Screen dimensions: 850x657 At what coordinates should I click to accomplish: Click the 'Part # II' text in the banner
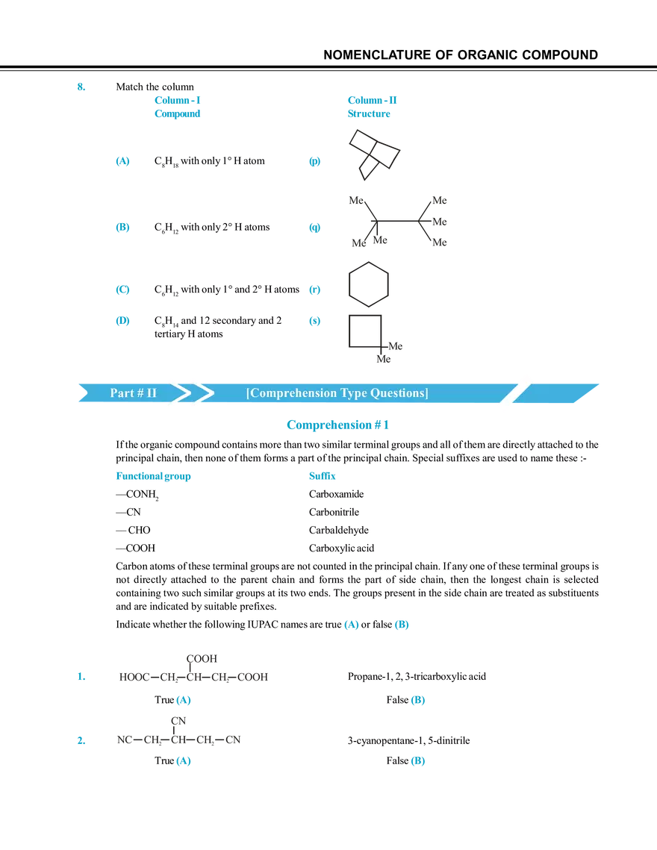(134, 393)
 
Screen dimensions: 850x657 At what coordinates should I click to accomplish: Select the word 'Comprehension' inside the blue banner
(292, 393)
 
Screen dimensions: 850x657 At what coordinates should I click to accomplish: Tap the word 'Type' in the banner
(353, 393)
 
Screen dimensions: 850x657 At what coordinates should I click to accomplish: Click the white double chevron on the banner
(189, 393)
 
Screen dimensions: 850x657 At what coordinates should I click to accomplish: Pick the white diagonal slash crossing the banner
(518, 392)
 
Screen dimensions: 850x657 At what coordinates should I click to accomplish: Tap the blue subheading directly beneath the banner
(338, 425)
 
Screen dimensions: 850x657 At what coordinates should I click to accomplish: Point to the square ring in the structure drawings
(367, 331)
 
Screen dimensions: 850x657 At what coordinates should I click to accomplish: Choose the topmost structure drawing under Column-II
(373, 153)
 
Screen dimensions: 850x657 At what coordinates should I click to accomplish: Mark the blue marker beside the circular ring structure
(314, 289)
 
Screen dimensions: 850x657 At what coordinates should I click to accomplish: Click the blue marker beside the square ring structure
(314, 321)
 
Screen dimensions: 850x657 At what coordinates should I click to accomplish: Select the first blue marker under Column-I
(122, 163)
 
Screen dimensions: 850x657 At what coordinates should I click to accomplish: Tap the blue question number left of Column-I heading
(80, 87)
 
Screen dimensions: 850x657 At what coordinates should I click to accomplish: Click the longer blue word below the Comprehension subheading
(155, 477)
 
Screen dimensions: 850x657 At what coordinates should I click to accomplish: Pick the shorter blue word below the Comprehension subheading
(323, 477)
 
